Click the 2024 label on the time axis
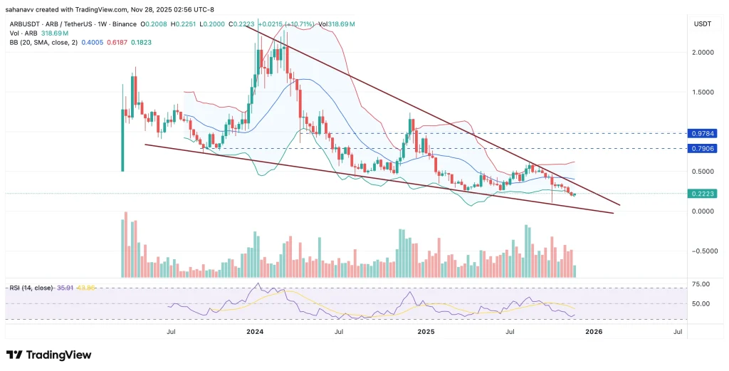pos(255,332)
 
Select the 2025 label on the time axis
pos(426,332)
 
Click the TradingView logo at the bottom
pos(48,355)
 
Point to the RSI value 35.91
pos(65,288)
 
